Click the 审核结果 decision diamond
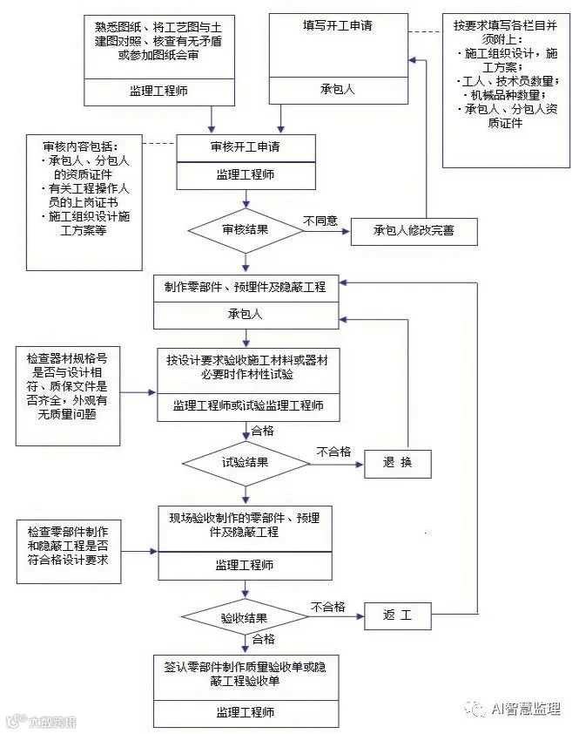coord(245,231)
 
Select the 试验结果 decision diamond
coord(245,462)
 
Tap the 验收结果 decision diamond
coord(245,618)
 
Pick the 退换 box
coord(397,463)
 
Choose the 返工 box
coord(397,618)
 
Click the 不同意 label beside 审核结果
coord(320,221)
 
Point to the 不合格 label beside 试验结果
coord(333,452)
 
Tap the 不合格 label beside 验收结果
coord(328,607)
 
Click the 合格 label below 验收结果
coord(263,640)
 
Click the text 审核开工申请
coord(245,146)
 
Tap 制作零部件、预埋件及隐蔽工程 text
coord(245,286)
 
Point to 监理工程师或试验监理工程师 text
coord(245,405)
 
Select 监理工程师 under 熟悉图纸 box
coord(147,91)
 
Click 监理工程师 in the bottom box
coord(245,711)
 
